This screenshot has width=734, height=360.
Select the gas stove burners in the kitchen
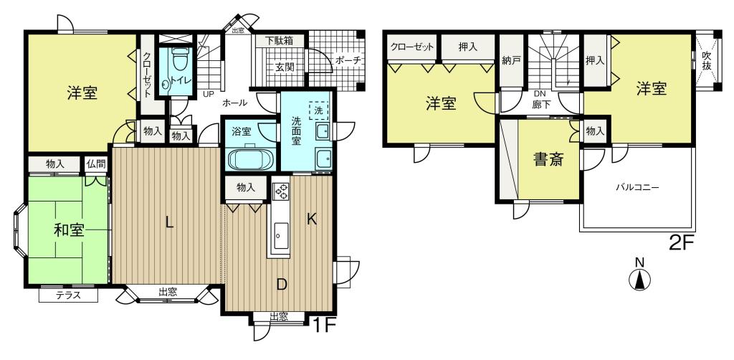pyautogui.click(x=281, y=190)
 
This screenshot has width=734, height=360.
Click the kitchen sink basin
pyautogui.click(x=280, y=232)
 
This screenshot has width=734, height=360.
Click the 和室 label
pyautogui.click(x=69, y=230)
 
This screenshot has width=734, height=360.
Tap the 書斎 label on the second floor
pyautogui.click(x=548, y=160)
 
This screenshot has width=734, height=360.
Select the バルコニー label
pyautogui.click(x=637, y=188)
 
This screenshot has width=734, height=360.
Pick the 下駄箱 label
pyautogui.click(x=279, y=40)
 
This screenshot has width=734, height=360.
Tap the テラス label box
pyautogui.click(x=68, y=295)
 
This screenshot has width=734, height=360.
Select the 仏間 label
pyautogui.click(x=95, y=164)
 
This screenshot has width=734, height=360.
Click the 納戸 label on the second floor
pyautogui.click(x=510, y=60)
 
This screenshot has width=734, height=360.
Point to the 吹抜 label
pyautogui.click(x=707, y=61)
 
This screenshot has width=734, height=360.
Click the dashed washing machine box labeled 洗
pyautogui.click(x=318, y=112)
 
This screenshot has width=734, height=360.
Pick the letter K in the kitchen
pyautogui.click(x=312, y=219)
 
